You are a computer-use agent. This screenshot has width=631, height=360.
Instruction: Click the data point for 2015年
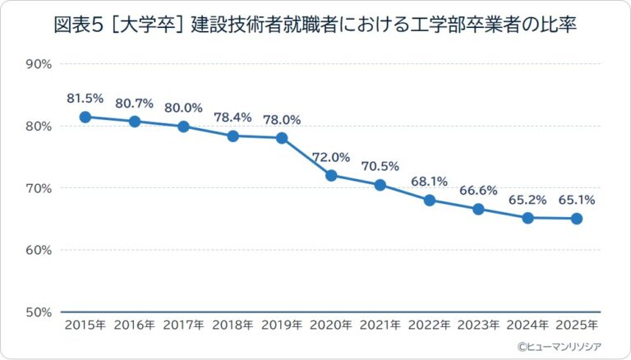[x=85, y=117]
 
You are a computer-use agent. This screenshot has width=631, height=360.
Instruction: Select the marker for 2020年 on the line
[x=331, y=175]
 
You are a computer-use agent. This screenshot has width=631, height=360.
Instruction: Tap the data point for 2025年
[x=577, y=219]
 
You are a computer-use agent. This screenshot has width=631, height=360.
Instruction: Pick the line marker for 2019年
[x=282, y=138]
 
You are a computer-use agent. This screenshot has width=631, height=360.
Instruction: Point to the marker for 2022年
[x=430, y=200]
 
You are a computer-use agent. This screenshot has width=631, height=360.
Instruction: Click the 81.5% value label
[x=85, y=99]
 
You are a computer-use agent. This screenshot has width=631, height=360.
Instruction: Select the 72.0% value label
[x=331, y=157]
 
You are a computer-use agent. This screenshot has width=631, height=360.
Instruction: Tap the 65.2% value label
[x=527, y=200]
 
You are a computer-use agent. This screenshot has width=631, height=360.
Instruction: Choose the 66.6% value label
[x=478, y=191]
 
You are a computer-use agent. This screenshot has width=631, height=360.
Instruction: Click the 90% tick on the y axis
[x=39, y=64]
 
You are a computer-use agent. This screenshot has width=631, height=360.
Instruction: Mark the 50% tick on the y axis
[x=39, y=312]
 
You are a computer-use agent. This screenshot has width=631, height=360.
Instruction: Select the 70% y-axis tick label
[x=39, y=188]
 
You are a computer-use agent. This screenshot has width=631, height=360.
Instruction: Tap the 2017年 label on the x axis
[x=183, y=325]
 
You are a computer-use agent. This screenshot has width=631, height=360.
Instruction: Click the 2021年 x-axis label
[x=380, y=325]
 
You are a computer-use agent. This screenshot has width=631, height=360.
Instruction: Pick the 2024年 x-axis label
[x=527, y=325]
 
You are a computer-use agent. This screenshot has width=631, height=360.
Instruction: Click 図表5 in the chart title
[x=77, y=25]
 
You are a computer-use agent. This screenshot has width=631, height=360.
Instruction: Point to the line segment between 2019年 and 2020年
[x=306, y=156]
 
